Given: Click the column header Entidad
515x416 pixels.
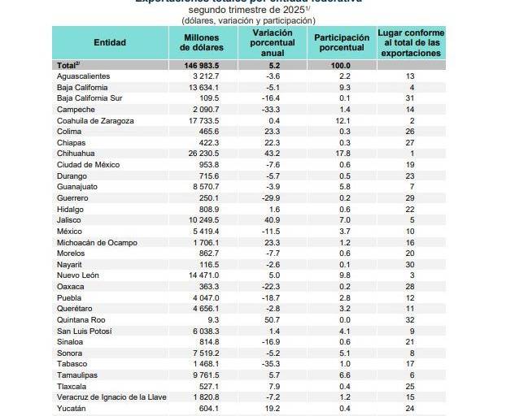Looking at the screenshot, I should coord(110,42).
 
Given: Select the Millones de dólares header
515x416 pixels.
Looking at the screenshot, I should coord(202,42).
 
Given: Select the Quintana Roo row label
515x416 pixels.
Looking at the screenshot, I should coord(82,320).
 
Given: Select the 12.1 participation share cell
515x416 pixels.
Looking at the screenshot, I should coord(340,120).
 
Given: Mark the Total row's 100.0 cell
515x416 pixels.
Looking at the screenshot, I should coord(340,65).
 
